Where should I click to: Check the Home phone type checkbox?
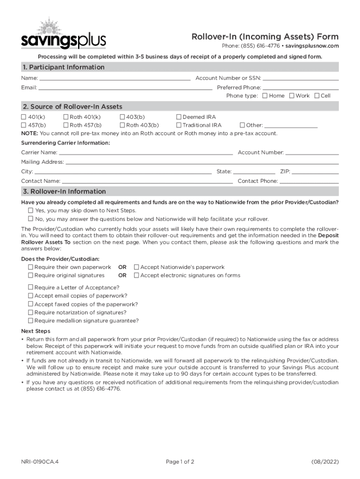[x=265, y=96]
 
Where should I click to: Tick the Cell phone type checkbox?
[x=317, y=96]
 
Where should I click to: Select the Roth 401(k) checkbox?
[x=66, y=117]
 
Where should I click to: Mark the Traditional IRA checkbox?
[x=179, y=125]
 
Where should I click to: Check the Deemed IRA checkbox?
[x=179, y=117]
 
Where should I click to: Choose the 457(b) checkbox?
[x=24, y=125]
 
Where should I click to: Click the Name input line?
[x=115, y=79]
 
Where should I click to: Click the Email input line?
[x=125, y=88]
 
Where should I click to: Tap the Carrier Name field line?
[x=146, y=153]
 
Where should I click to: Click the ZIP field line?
[x=316, y=172]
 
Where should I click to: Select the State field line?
[x=254, y=172]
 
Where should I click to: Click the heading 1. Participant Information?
[x=64, y=67]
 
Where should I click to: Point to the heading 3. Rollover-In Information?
[x=65, y=192]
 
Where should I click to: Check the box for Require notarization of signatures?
[x=31, y=312]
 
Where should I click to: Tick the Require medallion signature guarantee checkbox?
[x=31, y=321]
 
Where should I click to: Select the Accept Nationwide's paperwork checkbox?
[x=137, y=267]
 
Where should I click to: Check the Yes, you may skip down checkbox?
[x=31, y=210]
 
